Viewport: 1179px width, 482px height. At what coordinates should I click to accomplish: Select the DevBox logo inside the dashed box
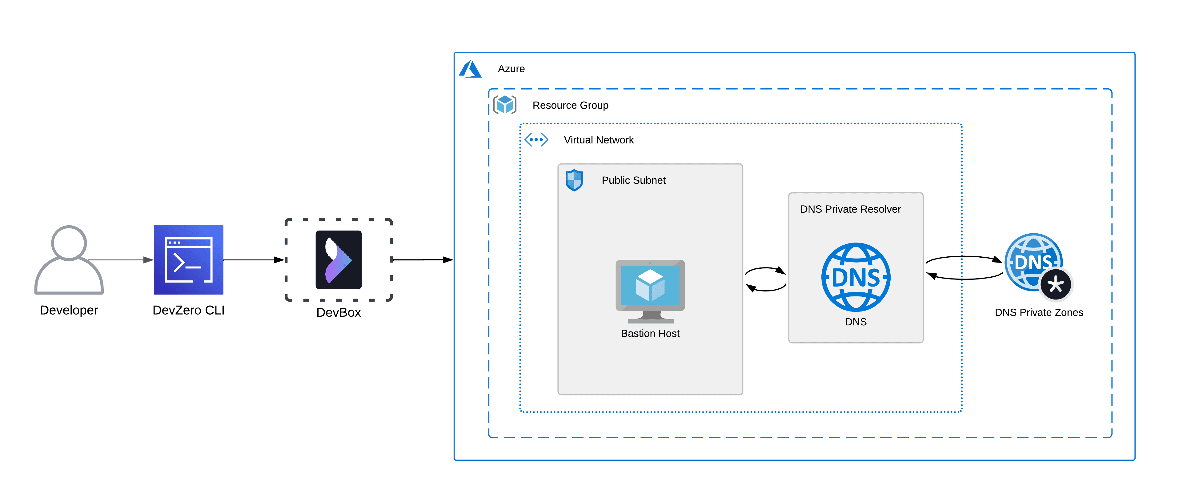click(339, 259)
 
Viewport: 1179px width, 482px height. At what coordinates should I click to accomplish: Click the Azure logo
click(471, 69)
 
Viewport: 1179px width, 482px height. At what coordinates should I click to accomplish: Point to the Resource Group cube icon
click(505, 105)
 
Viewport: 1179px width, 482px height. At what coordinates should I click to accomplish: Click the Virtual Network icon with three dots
click(536, 140)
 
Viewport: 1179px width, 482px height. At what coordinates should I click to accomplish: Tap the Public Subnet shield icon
click(574, 180)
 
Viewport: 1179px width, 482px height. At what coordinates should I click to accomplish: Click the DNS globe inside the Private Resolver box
click(856, 277)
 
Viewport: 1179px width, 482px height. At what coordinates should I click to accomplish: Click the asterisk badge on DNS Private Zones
click(1056, 285)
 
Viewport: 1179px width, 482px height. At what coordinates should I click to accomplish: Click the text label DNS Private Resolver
click(850, 209)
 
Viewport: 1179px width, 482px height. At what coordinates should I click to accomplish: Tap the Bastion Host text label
click(650, 334)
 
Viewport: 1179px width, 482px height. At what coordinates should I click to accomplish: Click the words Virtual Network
click(599, 140)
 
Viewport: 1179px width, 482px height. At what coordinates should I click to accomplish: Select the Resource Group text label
click(570, 105)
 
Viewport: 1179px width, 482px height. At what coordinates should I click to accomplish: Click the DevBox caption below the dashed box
click(339, 313)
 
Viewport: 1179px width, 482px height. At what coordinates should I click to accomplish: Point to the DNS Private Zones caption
click(1039, 313)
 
